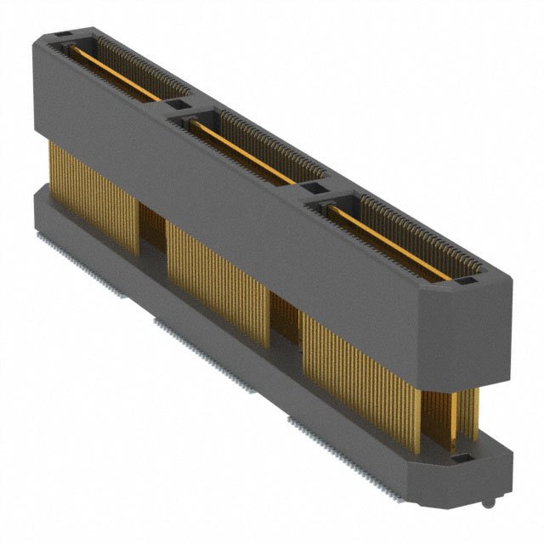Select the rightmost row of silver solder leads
pos(340,442)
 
